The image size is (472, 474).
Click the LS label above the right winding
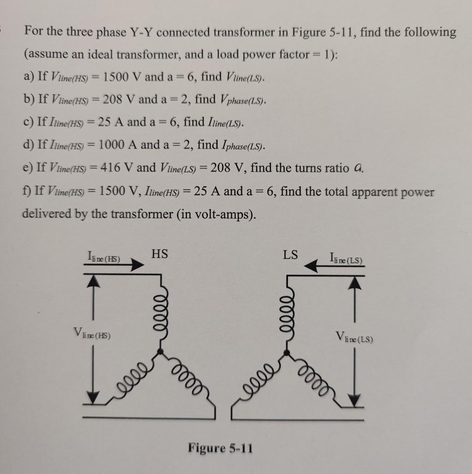291,254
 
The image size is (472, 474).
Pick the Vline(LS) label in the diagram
354,338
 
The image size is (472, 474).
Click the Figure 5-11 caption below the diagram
220,448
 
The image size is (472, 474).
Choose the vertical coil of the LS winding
288,313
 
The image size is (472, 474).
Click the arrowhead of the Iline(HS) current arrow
138,265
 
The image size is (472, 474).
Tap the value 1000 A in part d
117,145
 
